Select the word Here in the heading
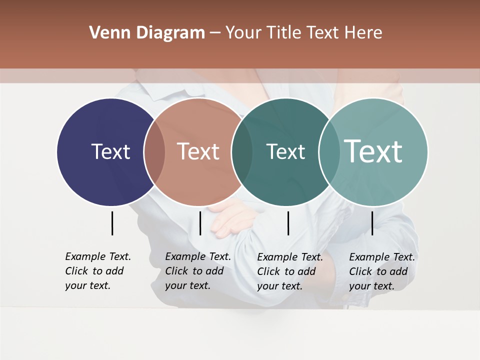click(x=363, y=33)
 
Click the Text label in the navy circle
click(x=110, y=151)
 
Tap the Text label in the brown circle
click(x=198, y=151)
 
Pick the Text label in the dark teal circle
click(x=285, y=151)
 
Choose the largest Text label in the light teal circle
click(x=373, y=151)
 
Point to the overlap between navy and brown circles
click(x=154, y=151)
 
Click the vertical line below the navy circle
click(x=112, y=223)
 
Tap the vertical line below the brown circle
click(x=200, y=223)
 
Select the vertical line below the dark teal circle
click(x=288, y=223)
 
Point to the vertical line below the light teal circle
click(x=372, y=223)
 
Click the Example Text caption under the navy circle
click(x=97, y=271)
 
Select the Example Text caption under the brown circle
click(x=197, y=271)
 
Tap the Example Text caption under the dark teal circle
click(x=289, y=271)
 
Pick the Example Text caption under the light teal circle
click(x=381, y=271)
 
